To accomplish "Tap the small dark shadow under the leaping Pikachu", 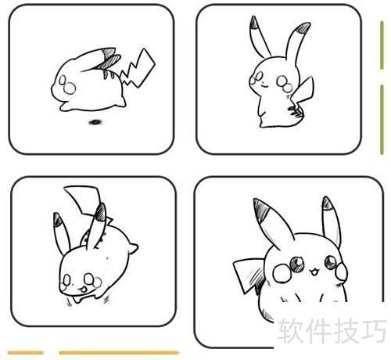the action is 95,122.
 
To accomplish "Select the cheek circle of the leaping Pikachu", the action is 70,88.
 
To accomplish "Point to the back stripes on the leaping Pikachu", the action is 109,74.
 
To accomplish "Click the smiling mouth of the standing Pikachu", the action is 264,85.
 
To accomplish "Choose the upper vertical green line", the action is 382,45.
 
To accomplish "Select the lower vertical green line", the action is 382,120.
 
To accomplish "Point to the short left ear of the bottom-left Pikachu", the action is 62,233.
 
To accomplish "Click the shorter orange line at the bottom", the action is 26,353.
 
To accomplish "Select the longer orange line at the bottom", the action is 119,353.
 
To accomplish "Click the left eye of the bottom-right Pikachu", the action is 297,264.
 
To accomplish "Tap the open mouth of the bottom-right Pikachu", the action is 314,272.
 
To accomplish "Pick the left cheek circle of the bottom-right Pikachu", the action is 282,272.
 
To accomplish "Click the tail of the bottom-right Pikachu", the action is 249,274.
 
